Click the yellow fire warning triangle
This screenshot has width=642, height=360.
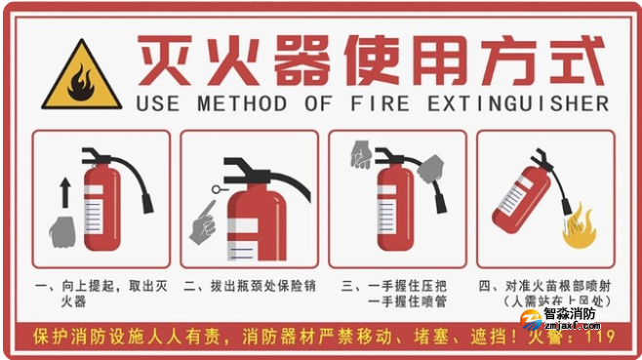pos(81,76)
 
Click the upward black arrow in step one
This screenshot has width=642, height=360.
pos(66,191)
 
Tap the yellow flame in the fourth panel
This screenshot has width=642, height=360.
pos(578,223)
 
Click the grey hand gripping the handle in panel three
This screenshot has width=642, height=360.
pos(361,154)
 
